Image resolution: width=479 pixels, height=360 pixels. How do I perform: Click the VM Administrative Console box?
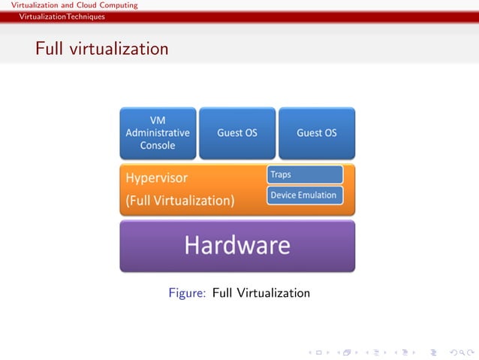(x=158, y=133)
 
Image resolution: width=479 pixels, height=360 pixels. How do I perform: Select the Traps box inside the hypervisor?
(x=305, y=174)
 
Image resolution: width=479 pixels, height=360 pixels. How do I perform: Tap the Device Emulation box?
(x=305, y=195)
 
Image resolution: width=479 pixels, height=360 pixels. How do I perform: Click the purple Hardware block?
(x=237, y=246)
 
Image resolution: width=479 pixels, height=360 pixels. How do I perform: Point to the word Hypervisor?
(x=156, y=179)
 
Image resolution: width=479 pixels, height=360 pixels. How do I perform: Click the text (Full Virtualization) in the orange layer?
(x=180, y=201)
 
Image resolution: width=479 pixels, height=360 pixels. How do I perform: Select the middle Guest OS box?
(x=237, y=133)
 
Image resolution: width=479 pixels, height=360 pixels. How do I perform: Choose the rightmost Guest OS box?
(x=316, y=133)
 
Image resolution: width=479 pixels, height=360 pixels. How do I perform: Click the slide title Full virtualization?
(x=101, y=50)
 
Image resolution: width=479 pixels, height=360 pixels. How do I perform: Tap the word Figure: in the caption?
(x=187, y=293)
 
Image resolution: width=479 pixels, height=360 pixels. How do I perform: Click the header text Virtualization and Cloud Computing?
(x=69, y=5)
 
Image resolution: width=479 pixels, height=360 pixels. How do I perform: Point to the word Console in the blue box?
(x=158, y=145)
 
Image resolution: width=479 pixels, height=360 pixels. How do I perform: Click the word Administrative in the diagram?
(x=158, y=133)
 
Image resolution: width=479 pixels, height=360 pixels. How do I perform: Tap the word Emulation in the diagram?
(x=319, y=195)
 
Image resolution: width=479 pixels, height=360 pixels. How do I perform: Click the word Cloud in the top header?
(x=89, y=5)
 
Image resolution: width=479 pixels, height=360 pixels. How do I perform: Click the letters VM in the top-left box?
(x=158, y=120)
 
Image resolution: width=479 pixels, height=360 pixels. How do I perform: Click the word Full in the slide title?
(x=50, y=50)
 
